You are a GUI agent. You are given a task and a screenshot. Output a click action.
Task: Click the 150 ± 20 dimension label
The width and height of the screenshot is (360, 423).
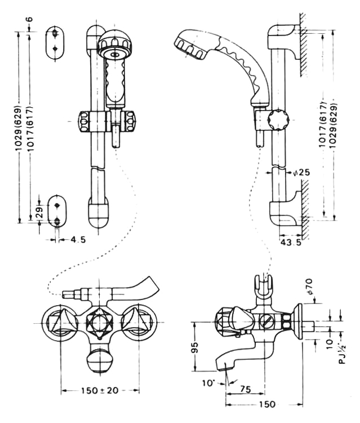100,390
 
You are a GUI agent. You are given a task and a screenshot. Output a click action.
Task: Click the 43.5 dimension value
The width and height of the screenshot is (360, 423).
291,242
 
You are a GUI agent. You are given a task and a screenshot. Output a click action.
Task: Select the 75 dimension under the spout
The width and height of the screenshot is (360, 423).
245,389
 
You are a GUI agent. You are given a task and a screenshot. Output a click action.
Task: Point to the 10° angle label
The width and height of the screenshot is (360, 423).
208,383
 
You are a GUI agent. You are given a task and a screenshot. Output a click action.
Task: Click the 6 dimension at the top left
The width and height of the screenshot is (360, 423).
30,19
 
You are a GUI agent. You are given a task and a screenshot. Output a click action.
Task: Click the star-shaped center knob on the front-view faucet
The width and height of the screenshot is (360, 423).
99,323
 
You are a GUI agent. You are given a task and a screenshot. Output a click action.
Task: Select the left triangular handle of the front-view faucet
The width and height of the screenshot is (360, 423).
61,323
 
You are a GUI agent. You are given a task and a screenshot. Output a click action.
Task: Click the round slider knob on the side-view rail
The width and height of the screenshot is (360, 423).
278,119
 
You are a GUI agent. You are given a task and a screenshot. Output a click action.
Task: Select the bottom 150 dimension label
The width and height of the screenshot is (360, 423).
268,404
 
